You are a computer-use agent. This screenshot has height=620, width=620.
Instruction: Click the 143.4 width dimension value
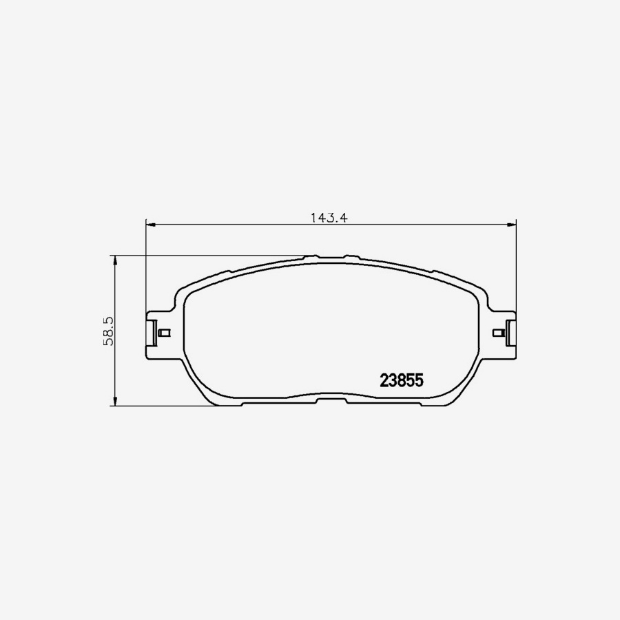(x=329, y=218)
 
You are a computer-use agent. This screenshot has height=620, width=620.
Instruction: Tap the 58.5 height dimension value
(x=108, y=331)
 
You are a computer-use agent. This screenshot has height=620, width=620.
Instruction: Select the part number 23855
(x=402, y=380)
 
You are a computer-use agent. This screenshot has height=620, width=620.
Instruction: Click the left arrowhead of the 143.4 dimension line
(x=151, y=225)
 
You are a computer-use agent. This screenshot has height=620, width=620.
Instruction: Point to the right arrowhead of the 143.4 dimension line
(x=512, y=225)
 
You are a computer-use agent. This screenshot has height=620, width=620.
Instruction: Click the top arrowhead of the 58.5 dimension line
(x=114, y=260)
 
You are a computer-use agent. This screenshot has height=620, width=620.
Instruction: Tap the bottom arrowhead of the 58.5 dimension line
(x=114, y=400)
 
